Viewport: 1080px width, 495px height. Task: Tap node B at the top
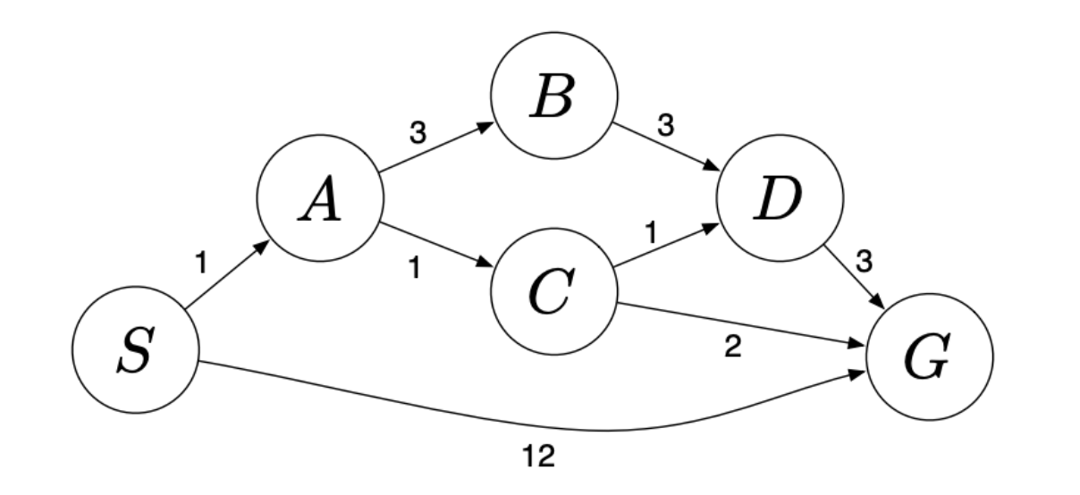[x=552, y=100]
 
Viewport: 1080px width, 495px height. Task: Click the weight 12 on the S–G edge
[x=539, y=457]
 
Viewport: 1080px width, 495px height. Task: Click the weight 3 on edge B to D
[x=663, y=127]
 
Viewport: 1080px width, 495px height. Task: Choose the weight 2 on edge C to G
[x=731, y=348]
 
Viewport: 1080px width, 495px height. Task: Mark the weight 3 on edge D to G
[x=864, y=261]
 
